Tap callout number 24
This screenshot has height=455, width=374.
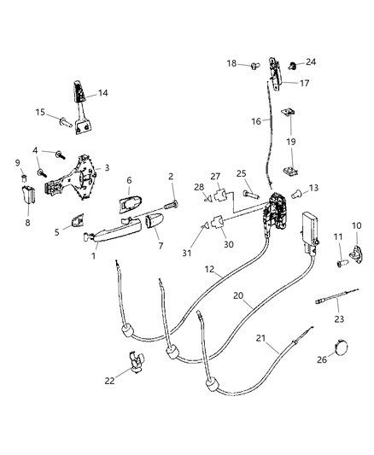[x=311, y=61]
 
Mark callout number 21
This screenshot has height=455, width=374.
[x=269, y=341]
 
